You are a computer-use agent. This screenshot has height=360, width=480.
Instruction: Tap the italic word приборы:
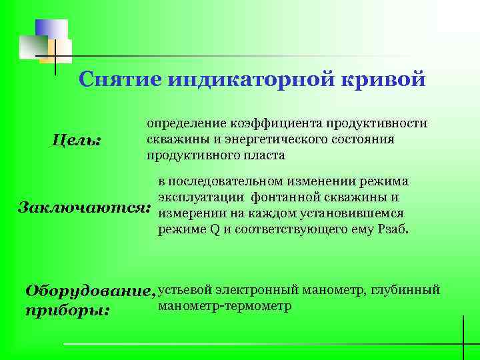coord(67,310)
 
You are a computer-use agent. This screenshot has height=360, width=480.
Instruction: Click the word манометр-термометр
coord(225,306)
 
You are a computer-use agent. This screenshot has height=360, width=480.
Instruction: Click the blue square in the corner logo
coord(51,30)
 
